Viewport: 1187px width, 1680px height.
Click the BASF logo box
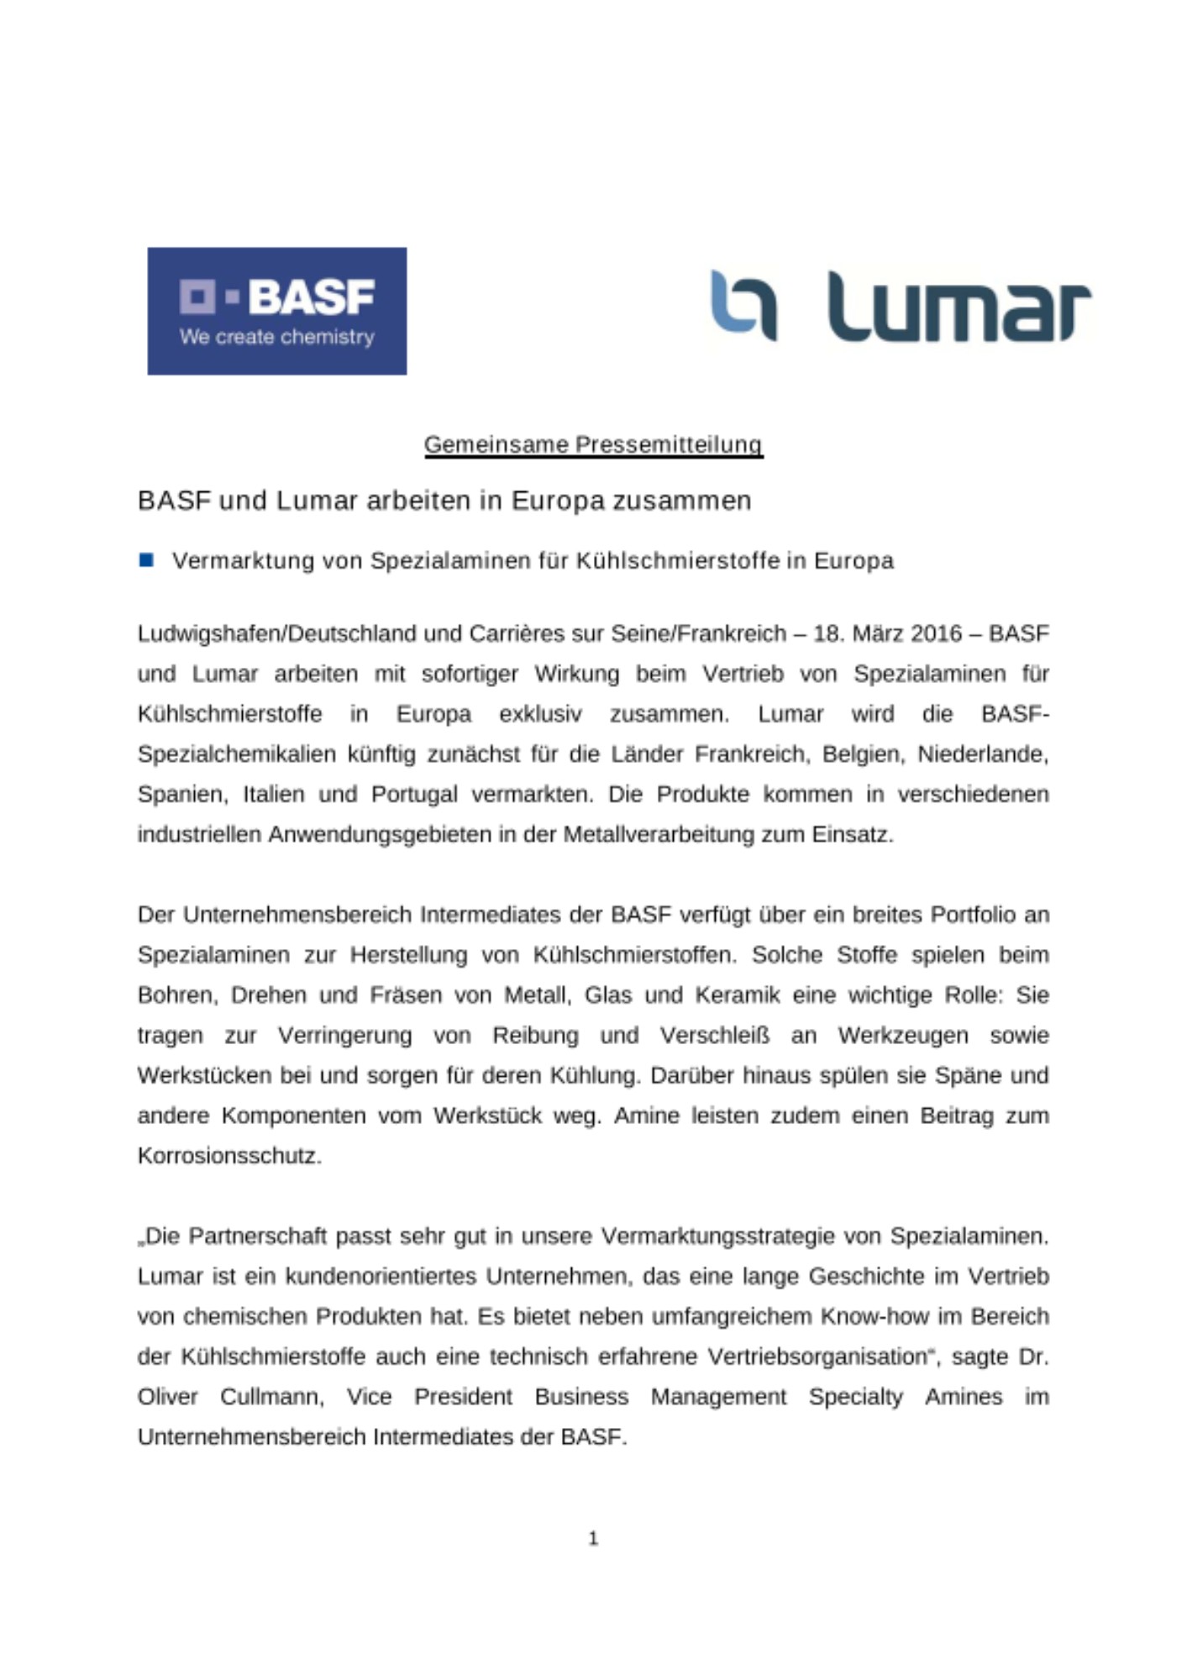click(276, 311)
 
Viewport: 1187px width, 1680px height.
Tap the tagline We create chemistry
click(276, 337)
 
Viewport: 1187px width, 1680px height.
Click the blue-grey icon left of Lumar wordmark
click(743, 305)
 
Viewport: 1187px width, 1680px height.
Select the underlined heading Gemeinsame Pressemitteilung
click(593, 444)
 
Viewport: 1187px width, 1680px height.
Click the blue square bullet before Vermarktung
click(146, 560)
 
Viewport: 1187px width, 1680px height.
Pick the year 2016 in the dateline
click(936, 633)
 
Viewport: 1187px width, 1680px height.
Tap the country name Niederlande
click(982, 754)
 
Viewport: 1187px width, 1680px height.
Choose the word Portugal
click(414, 795)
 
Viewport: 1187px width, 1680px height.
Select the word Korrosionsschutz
click(228, 1157)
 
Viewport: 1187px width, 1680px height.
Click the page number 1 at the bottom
click(593, 1538)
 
